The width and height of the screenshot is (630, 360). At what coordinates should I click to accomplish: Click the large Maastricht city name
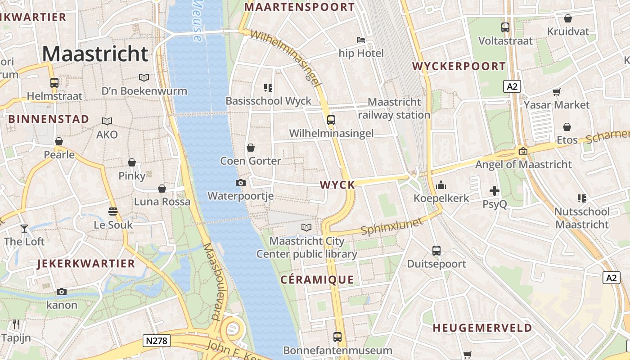tap(95, 54)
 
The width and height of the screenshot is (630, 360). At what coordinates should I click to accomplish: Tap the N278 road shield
tap(157, 341)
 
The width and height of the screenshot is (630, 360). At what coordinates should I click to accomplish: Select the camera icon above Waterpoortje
tap(241, 183)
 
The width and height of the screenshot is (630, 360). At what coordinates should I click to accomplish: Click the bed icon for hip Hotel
tap(361, 40)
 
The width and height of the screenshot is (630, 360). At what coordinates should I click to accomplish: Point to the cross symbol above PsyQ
tap(495, 191)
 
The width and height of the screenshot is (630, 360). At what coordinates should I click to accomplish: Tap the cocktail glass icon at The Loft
tap(24, 229)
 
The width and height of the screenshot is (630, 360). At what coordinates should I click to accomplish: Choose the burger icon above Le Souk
tap(113, 211)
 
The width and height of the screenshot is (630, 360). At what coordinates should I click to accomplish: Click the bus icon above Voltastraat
tap(505, 27)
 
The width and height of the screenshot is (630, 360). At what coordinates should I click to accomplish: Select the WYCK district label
tap(337, 184)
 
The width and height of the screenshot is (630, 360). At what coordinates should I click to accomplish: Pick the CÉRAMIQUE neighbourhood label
tap(317, 279)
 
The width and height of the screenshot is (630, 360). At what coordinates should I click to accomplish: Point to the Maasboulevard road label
tap(215, 282)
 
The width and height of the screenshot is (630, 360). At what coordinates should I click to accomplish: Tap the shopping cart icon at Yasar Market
tap(557, 92)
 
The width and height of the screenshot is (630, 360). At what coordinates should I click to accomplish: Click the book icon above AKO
tap(107, 121)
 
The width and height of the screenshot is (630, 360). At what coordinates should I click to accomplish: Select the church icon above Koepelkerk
tap(441, 185)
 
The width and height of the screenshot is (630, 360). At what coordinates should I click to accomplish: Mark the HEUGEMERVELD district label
tap(482, 328)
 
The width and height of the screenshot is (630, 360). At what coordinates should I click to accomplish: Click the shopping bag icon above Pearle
tap(59, 142)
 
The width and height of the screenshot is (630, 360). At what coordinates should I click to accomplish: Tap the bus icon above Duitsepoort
tap(436, 251)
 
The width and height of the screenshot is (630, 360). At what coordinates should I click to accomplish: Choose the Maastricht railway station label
tap(394, 108)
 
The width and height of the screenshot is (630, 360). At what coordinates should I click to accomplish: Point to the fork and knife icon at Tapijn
tap(16, 324)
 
